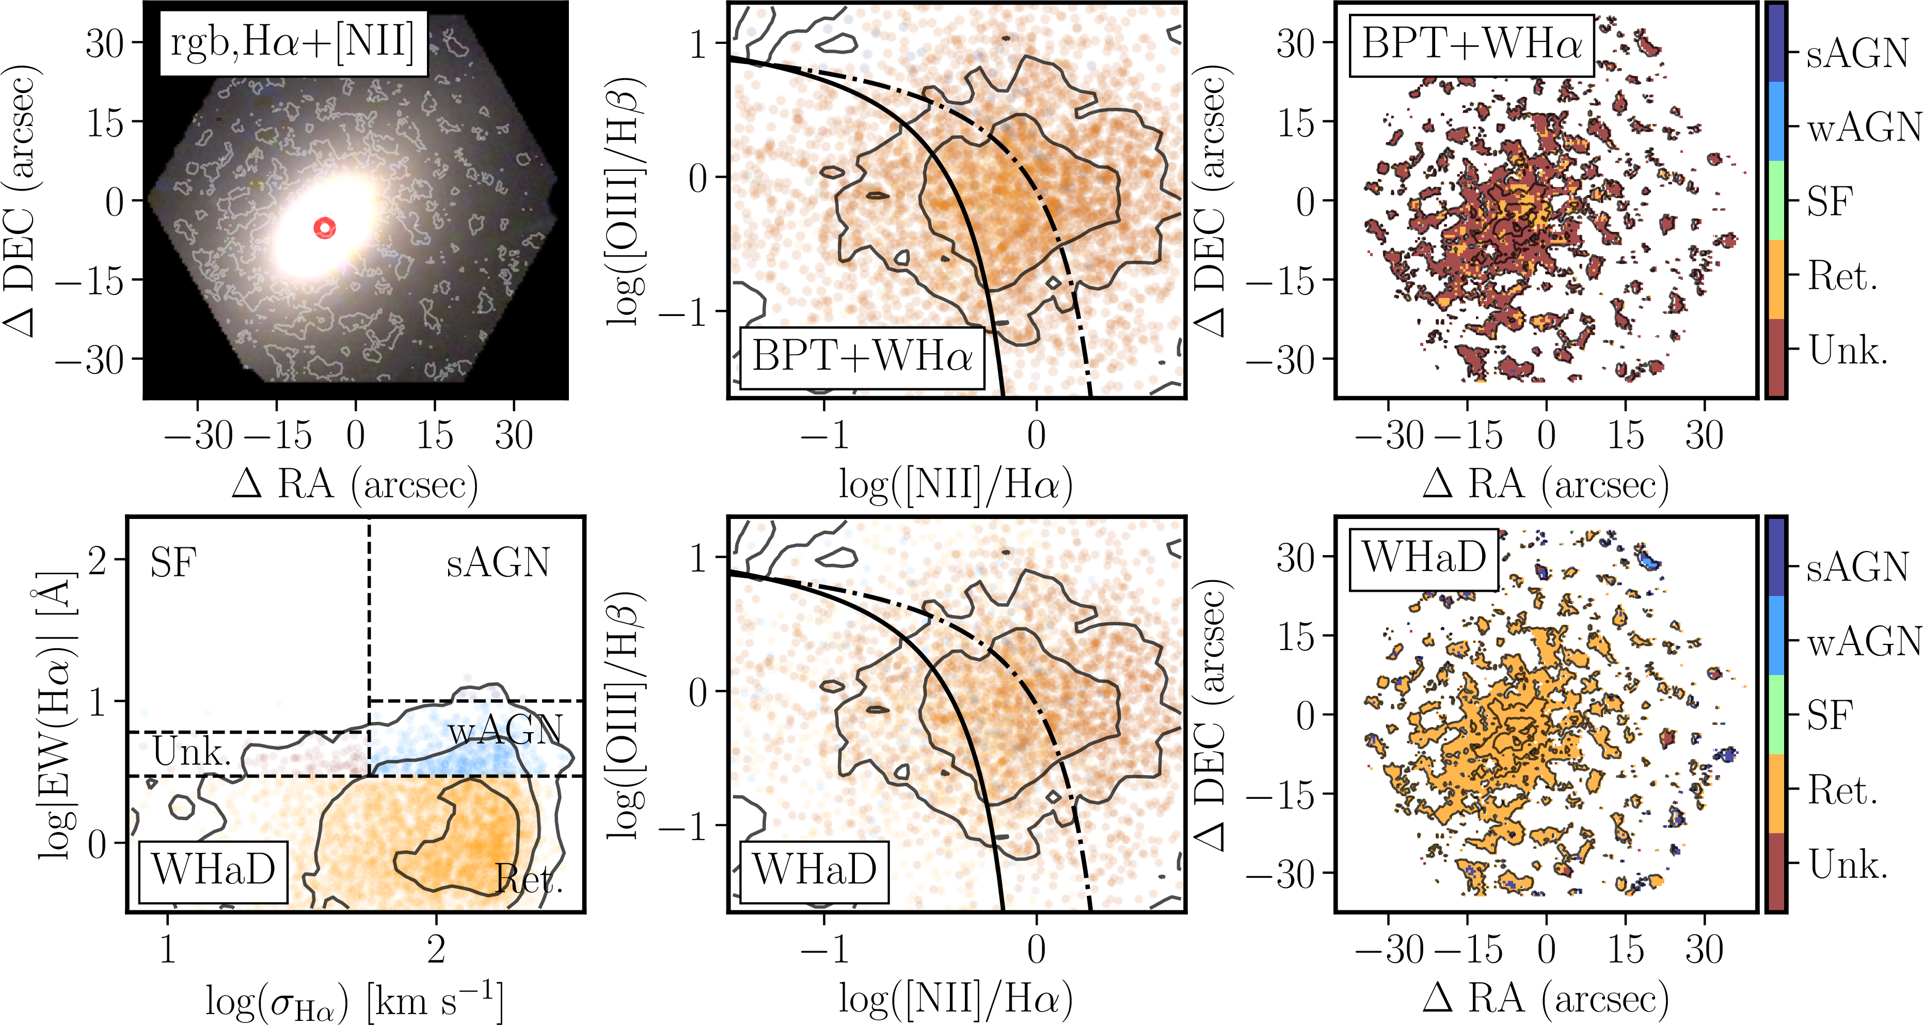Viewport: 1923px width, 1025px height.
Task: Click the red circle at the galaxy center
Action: point(325,228)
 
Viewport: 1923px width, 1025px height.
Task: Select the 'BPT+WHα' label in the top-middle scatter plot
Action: point(862,357)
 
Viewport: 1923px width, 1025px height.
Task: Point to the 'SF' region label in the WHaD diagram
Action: point(173,563)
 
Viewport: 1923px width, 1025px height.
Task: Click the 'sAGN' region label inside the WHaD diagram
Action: point(498,563)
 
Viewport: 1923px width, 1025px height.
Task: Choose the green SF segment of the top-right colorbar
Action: point(1775,200)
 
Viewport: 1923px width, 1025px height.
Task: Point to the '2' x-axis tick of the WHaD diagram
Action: point(436,950)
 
